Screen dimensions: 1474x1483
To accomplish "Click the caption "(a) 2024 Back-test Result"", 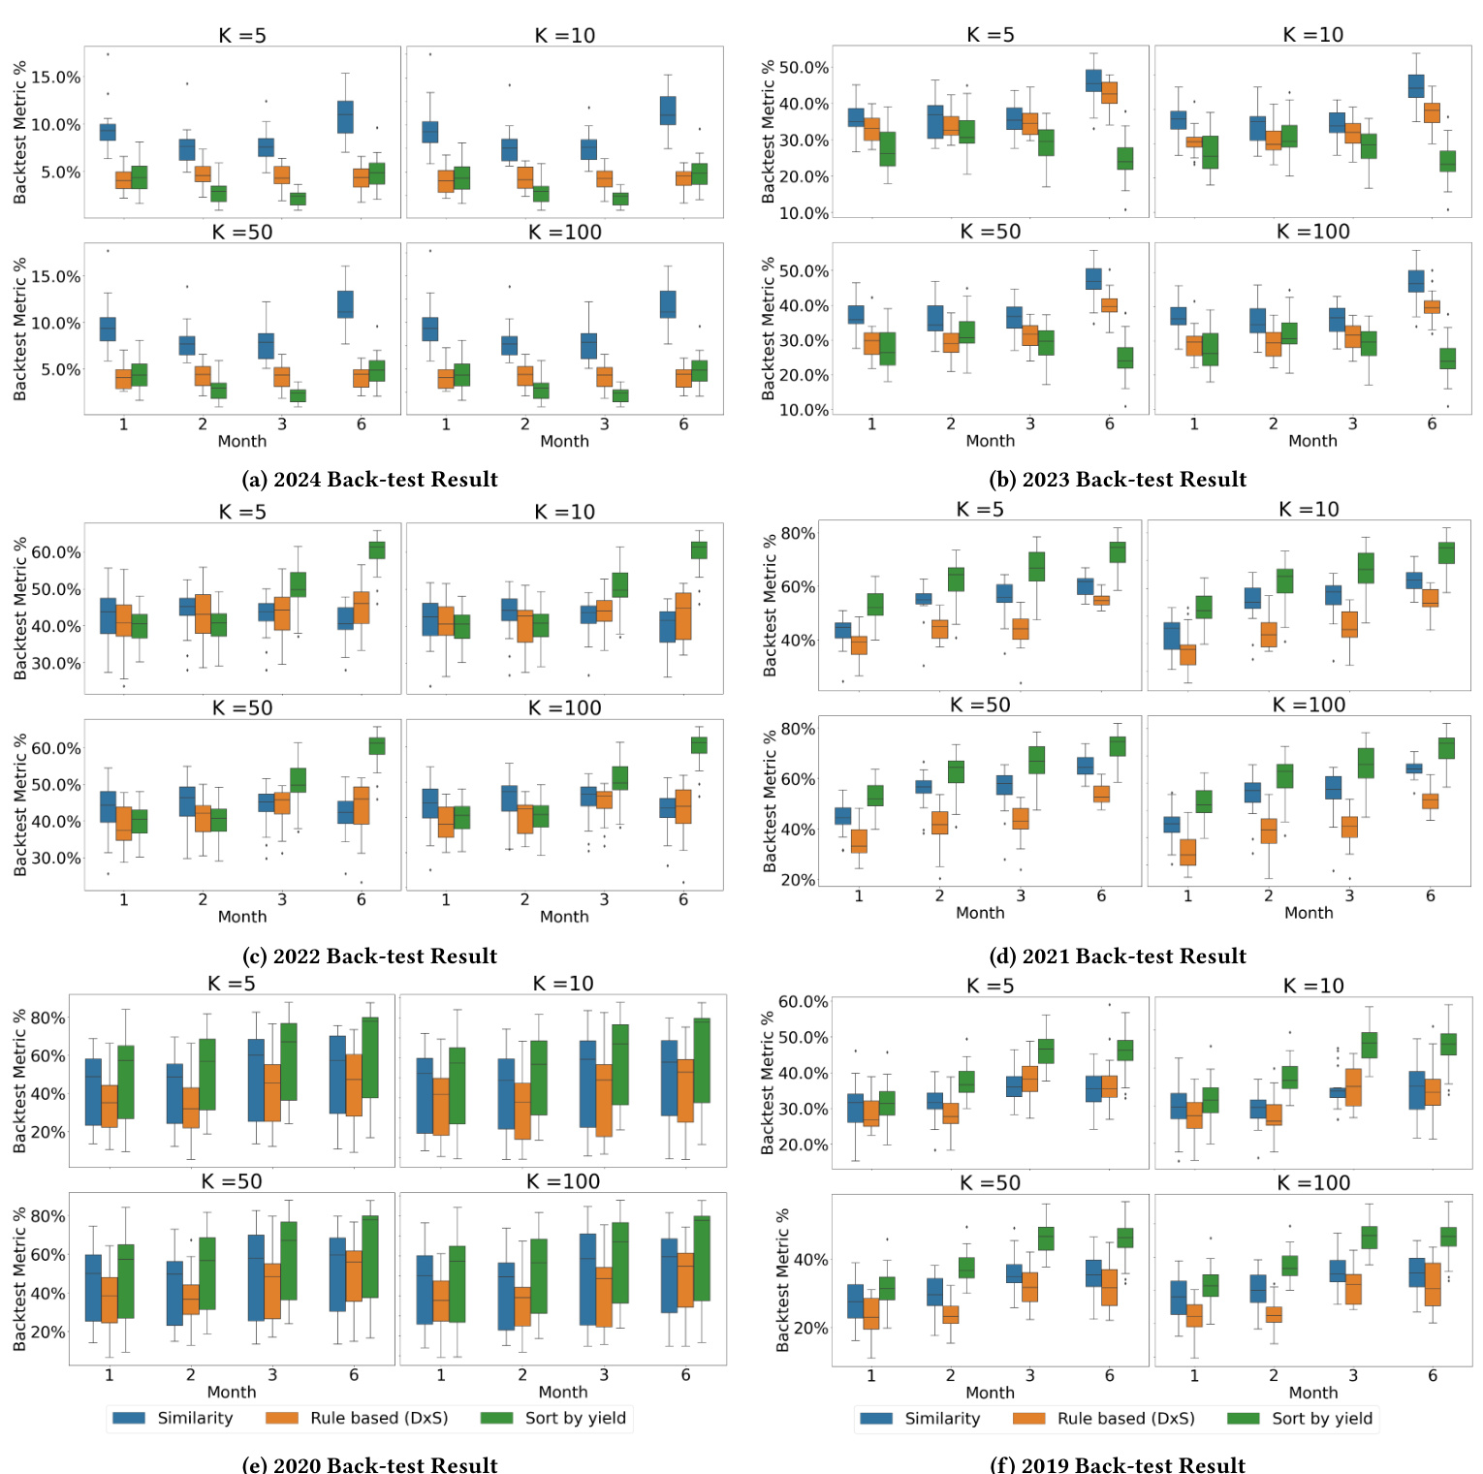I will (x=369, y=480).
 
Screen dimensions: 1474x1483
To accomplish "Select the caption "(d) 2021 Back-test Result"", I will (x=1118, y=957).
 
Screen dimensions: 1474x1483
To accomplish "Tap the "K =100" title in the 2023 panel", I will (x=1312, y=232).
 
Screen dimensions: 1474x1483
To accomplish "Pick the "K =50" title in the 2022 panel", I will (x=242, y=708).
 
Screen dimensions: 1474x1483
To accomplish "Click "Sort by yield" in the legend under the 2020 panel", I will (x=576, y=1418).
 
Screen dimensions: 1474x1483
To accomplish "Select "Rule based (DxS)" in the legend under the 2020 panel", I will (x=379, y=1418).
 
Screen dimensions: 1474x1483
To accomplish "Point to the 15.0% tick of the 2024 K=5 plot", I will (x=56, y=78).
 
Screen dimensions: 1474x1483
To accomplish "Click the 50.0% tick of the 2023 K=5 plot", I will (x=804, y=68).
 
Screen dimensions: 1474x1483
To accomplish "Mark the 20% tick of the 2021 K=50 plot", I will (x=799, y=880).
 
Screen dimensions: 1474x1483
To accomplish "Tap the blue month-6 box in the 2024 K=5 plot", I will (x=345, y=116).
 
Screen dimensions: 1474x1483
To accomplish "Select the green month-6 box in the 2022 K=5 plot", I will (x=377, y=549).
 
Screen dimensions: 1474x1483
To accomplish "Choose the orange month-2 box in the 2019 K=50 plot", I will (x=950, y=1314).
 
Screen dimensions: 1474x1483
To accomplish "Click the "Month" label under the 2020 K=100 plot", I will (x=563, y=1392).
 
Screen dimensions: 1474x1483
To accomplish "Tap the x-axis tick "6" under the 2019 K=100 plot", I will (x=1433, y=1375).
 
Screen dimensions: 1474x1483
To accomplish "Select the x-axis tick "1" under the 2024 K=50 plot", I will (x=123, y=423).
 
